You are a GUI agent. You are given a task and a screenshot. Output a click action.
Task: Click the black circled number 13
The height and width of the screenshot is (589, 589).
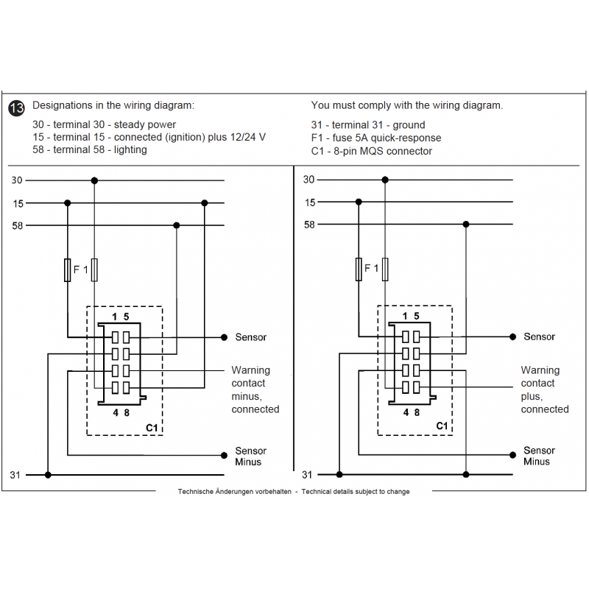pyautogui.click(x=16, y=107)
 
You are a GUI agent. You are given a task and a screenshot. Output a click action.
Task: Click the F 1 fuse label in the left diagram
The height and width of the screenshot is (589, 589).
pyautogui.click(x=80, y=271)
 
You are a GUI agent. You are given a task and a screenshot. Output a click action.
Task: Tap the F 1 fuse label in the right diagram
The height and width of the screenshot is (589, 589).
pyautogui.click(x=372, y=270)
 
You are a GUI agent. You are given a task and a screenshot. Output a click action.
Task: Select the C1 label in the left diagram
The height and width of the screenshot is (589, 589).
pyautogui.click(x=152, y=426)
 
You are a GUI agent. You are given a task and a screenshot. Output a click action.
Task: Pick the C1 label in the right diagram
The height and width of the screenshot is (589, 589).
pyautogui.click(x=442, y=426)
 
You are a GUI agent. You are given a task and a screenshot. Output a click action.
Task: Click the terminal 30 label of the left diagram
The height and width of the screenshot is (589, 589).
pyautogui.click(x=17, y=180)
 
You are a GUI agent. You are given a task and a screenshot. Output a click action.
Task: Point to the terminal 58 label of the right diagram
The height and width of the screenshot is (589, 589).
pyautogui.click(x=310, y=225)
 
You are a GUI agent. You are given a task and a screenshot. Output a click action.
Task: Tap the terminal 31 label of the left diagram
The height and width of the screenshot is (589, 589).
pyautogui.click(x=15, y=475)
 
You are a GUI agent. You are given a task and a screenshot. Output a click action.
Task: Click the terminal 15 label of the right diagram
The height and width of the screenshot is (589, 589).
pyautogui.click(x=310, y=202)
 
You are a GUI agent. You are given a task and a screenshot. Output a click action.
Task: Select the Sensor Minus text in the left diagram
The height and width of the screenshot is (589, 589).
pyautogui.click(x=250, y=456)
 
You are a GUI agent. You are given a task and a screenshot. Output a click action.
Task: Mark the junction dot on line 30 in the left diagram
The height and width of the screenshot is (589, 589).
pyautogui.click(x=94, y=180)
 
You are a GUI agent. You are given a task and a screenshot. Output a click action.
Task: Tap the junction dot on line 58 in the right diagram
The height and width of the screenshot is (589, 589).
pyautogui.click(x=465, y=225)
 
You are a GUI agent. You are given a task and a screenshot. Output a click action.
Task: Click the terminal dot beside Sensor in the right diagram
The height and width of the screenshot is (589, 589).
pyautogui.click(x=513, y=336)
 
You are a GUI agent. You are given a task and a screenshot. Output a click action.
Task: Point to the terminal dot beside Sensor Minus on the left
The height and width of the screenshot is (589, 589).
pyautogui.click(x=224, y=455)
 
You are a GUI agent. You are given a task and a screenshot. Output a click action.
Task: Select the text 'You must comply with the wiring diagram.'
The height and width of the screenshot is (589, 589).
pyautogui.click(x=407, y=105)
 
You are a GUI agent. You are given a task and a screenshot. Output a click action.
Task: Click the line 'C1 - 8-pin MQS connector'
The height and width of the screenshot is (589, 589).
pyautogui.click(x=372, y=151)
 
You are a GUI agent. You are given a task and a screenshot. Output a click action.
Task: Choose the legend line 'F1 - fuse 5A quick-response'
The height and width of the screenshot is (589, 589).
pyautogui.click(x=376, y=138)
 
